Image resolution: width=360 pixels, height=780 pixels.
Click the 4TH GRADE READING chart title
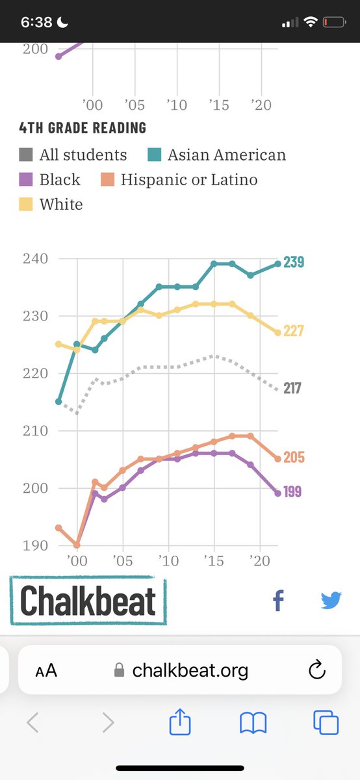pos(83,128)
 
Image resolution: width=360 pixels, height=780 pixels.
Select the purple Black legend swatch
pos(26,179)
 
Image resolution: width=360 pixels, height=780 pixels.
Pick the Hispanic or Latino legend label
pos(189,179)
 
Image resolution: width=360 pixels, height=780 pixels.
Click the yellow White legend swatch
pos(26,204)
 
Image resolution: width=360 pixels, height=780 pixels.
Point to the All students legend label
pos(83,155)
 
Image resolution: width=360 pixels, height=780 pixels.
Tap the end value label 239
pos(293,263)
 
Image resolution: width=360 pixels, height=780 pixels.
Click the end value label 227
pos(293,331)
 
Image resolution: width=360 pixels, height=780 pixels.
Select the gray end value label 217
pos(292,388)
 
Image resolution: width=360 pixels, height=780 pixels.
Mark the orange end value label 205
pos(293,458)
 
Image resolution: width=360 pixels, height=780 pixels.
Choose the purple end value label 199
pos(292,491)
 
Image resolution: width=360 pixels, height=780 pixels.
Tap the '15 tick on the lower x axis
pos(214,560)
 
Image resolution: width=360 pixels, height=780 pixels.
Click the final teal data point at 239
pos(277,263)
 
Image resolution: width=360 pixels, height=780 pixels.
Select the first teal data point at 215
pos(58,402)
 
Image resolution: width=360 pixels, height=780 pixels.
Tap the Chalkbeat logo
pos(88,601)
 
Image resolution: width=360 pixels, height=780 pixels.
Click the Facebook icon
pos(278,601)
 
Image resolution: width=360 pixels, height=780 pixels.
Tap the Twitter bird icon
pos(331,601)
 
